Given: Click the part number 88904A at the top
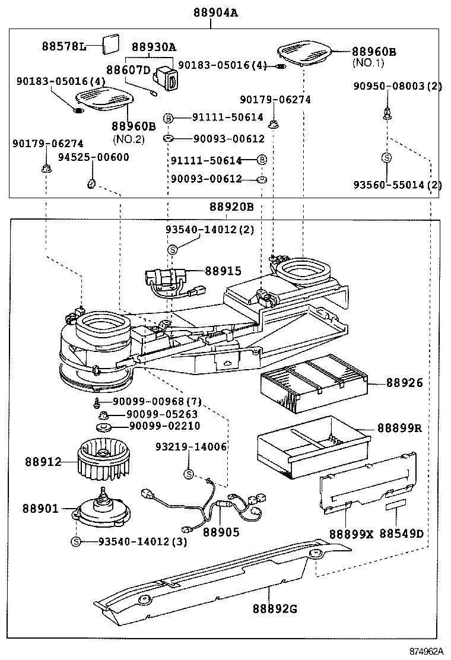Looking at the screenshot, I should coord(215,12).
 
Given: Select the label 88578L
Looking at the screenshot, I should coord(63,46).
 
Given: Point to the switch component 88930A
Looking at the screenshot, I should coord(166,77).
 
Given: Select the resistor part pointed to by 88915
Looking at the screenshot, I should coord(166,278).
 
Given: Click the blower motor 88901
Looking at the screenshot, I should coord(103,509).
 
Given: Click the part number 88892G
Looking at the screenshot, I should coord(274,608).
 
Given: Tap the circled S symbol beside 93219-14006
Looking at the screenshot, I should coord(189,474).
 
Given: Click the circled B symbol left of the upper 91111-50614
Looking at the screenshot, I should coord(168,118).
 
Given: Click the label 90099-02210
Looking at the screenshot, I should coord(164,426).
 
